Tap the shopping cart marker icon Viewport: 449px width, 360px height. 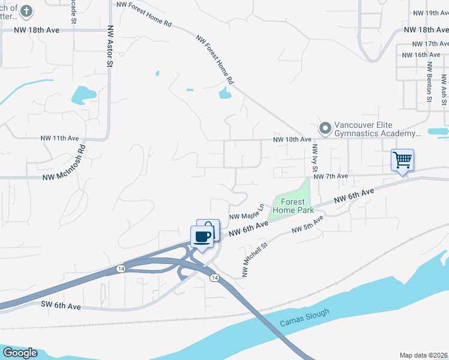point(402,160)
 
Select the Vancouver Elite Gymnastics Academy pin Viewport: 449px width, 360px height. point(325,128)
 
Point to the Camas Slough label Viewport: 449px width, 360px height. point(304,318)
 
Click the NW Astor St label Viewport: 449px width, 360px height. point(110,46)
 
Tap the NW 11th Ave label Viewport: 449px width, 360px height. point(60,138)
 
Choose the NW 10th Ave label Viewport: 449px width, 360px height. point(292,139)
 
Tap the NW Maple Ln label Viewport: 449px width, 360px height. point(247,212)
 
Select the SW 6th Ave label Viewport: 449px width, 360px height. point(61,306)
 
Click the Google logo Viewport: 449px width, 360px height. point(19,353)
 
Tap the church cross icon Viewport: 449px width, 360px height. point(26,11)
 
